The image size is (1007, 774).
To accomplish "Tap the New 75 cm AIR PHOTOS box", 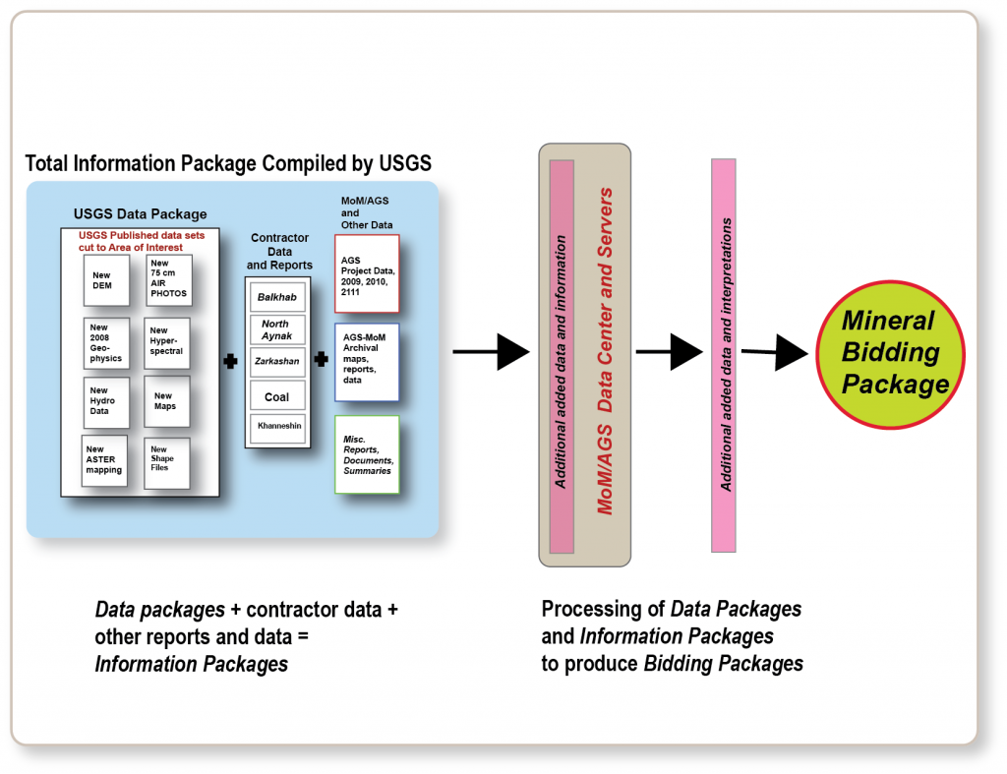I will click(x=166, y=279).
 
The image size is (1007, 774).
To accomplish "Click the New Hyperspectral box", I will click(x=166, y=342).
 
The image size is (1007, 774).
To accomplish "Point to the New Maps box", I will click(x=166, y=401).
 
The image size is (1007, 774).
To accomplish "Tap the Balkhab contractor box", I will click(x=277, y=297).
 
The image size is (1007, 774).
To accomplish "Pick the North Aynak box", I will click(x=277, y=329).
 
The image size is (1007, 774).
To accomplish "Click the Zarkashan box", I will click(x=277, y=361).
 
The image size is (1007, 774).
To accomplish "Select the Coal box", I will click(x=277, y=396).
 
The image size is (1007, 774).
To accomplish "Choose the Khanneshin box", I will click(x=277, y=429).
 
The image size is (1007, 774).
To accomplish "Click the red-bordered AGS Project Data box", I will click(x=366, y=272).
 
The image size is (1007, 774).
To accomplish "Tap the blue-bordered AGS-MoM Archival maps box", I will click(x=366, y=361).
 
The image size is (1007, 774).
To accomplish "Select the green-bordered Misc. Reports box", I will click(x=366, y=457).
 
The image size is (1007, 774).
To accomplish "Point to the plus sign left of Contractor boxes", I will click(x=230, y=361).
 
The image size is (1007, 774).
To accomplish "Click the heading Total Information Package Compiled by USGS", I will click(x=227, y=163).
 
